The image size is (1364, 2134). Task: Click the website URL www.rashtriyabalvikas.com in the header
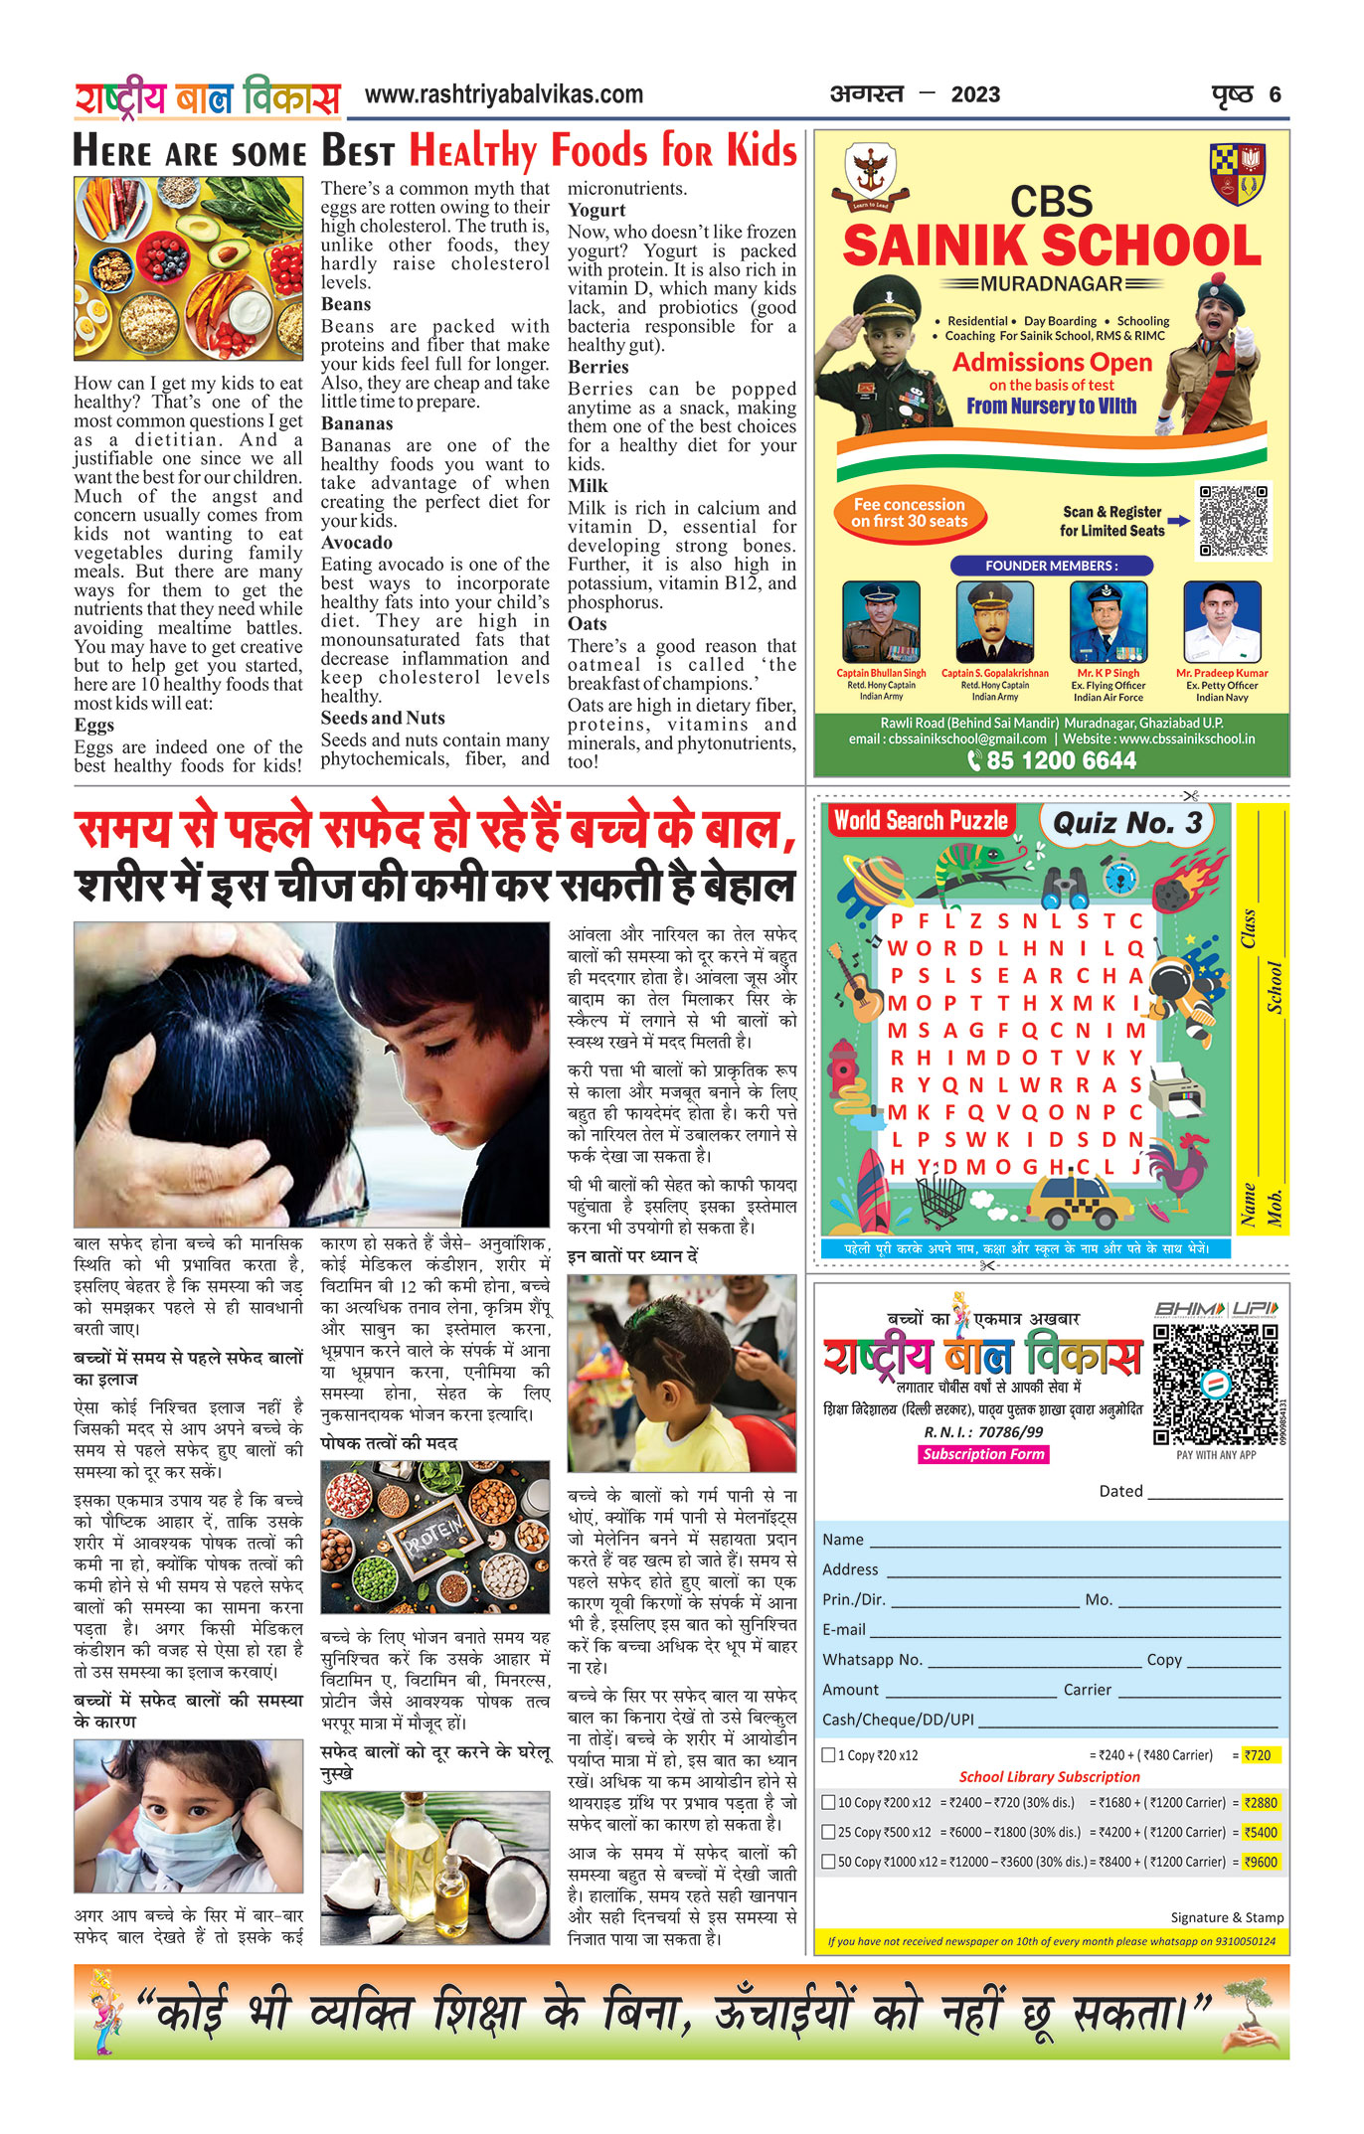(503, 95)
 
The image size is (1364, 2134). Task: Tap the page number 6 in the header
(1275, 95)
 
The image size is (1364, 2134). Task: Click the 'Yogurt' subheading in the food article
(597, 210)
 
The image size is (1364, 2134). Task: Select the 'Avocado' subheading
(356, 543)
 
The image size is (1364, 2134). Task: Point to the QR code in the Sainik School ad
(1233, 521)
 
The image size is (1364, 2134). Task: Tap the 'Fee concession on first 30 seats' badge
(909, 513)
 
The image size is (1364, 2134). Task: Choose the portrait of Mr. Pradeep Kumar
(1222, 623)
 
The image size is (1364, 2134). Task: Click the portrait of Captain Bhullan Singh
(880, 623)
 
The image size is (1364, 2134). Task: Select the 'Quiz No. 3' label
(1126, 823)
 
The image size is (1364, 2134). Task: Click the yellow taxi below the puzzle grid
(1080, 1203)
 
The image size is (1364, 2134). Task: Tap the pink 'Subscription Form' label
(983, 1454)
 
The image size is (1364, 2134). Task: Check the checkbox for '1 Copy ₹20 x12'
(828, 1755)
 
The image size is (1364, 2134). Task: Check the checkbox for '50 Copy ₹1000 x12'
(828, 1862)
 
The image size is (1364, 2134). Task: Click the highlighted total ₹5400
(1261, 1832)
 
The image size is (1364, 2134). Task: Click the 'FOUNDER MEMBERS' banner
(1051, 566)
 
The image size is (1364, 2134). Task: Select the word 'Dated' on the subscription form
(1120, 1491)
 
